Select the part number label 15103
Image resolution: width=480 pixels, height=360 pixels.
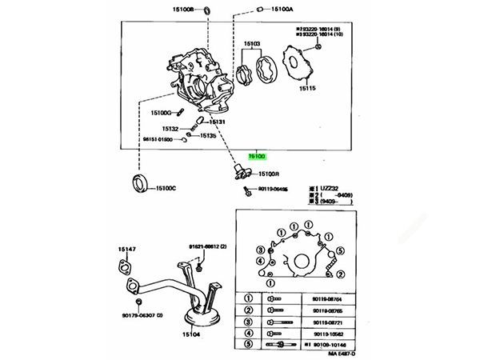252,43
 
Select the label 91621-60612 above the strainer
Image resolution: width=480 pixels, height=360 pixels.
208,246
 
